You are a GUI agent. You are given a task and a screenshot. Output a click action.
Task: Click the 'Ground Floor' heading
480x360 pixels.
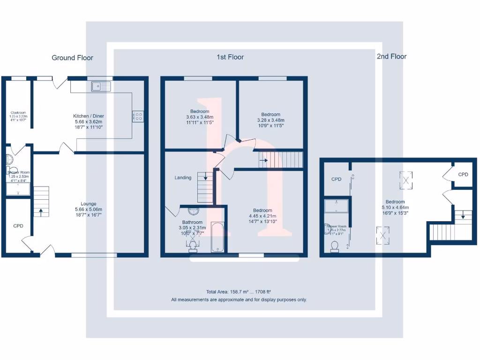(72, 58)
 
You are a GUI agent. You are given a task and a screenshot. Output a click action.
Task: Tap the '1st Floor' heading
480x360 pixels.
(230, 57)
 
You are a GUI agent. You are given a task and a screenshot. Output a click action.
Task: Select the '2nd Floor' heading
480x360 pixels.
(391, 56)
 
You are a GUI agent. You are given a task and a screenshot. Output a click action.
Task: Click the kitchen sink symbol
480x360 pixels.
(101, 86)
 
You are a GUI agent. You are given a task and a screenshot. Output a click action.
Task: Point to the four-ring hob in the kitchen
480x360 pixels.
(138, 116)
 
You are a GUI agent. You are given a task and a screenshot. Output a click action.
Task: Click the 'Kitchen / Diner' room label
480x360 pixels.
(89, 116)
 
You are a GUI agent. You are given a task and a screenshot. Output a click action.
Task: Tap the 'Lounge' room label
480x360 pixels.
(89, 204)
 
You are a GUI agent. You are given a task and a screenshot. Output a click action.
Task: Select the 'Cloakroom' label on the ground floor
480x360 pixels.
(19, 112)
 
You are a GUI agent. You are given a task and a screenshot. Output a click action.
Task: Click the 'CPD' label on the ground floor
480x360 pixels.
(18, 226)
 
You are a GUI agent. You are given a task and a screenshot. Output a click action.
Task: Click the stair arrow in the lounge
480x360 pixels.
(41, 211)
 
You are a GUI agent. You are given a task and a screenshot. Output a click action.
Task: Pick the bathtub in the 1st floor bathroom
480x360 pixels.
(218, 238)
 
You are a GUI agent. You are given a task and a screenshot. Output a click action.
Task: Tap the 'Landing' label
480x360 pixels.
(183, 178)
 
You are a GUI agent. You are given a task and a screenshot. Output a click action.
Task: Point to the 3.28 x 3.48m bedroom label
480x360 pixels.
(270, 114)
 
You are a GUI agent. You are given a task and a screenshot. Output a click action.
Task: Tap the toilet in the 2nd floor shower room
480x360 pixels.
(335, 246)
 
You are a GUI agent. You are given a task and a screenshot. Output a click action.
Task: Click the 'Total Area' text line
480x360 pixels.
(239, 292)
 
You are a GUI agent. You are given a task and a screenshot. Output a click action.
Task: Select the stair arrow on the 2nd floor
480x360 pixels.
(463, 217)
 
